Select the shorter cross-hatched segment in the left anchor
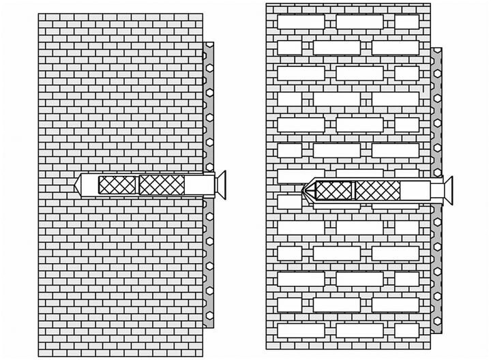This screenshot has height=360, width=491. tap(118, 184)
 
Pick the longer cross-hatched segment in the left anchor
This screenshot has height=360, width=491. tap(162, 184)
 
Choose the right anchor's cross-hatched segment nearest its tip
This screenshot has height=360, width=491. tap(333, 190)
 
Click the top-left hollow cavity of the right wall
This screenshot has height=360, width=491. tap(301, 22)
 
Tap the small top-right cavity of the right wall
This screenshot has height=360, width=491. tap(406, 22)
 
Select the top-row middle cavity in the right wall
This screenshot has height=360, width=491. tap(359, 22)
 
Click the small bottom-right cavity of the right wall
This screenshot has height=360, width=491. tap(406, 330)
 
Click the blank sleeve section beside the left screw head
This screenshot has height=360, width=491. tap(198, 184)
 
